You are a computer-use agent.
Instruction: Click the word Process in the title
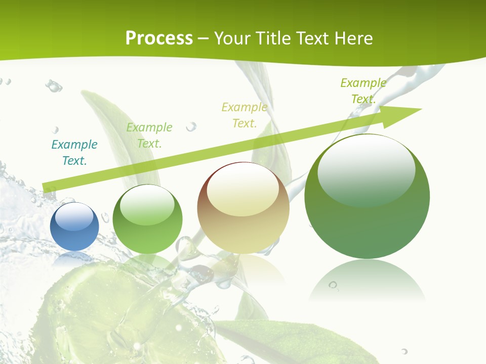pyautogui.click(x=159, y=38)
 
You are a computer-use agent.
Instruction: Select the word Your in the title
pyautogui.click(x=233, y=38)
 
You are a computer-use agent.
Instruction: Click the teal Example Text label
pyautogui.click(x=74, y=153)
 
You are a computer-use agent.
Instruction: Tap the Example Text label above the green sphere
pyautogui.click(x=149, y=135)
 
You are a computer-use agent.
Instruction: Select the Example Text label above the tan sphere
pyautogui.click(x=245, y=115)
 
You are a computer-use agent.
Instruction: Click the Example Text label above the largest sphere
pyautogui.click(x=363, y=91)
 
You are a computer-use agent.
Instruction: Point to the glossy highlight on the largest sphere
pyautogui.click(x=366, y=169)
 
